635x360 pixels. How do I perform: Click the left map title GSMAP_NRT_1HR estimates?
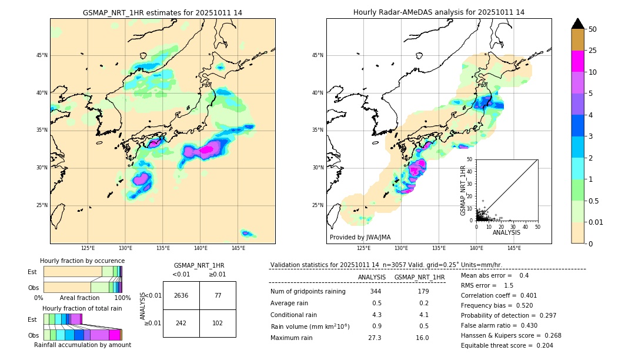click(162, 12)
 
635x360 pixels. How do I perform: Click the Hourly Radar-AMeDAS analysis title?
click(439, 12)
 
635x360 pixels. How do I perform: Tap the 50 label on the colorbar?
click(593, 29)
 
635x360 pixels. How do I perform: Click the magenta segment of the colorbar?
click(577, 61)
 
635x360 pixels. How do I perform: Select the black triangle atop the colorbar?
click(577, 24)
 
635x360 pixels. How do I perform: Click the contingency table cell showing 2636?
click(181, 295)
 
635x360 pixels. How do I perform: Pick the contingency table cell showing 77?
click(217, 295)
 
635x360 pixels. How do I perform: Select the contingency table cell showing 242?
click(181, 323)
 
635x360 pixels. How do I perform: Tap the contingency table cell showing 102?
click(217, 323)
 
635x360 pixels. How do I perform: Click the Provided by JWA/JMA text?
click(360, 237)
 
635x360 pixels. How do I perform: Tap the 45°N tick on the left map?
click(42, 55)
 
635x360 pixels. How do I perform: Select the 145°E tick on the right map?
click(514, 248)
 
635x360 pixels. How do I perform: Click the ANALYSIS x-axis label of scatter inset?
click(506, 232)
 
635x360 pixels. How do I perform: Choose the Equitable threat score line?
click(507, 345)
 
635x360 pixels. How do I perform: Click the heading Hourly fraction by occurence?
click(82, 261)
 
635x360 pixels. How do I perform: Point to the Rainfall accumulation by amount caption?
click(82, 345)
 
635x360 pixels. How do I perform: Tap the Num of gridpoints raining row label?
click(308, 291)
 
